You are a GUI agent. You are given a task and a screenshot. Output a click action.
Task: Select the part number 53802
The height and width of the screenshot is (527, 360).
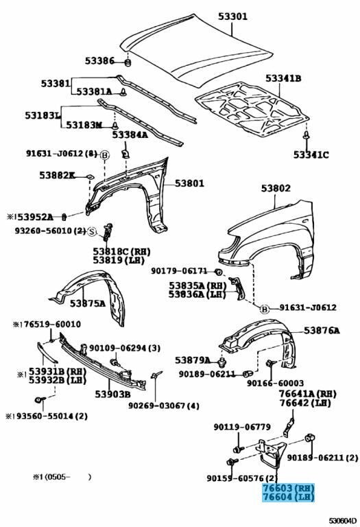tap(276, 188)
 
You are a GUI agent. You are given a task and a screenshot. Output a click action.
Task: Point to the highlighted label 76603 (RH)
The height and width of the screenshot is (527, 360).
tap(288, 487)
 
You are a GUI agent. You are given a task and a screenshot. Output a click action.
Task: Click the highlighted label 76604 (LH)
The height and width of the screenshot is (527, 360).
tap(288, 497)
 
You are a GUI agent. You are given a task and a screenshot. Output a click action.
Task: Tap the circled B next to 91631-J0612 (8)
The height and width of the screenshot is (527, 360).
tap(105, 155)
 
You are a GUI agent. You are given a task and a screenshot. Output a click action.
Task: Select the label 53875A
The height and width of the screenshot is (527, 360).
tap(88, 303)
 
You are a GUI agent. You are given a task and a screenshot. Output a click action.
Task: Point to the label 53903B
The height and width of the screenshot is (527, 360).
tap(112, 394)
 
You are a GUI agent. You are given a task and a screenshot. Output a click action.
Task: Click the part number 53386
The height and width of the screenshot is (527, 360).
tap(100, 61)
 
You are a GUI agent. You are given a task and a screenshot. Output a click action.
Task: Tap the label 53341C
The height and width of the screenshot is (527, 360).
tap(311, 155)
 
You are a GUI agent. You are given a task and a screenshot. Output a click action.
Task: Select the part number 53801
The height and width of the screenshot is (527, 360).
tap(189, 183)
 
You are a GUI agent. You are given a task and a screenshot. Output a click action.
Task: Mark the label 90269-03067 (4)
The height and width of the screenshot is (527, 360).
tap(164, 406)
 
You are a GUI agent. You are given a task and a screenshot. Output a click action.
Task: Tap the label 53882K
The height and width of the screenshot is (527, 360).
tap(57, 176)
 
